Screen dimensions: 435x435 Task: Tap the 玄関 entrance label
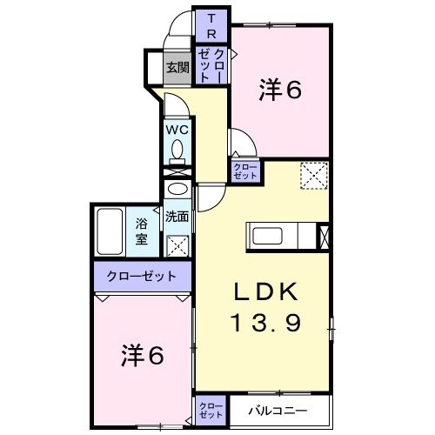tap(177, 67)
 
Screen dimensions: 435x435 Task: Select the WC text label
tap(178, 129)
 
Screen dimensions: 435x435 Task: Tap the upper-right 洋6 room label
tap(280, 90)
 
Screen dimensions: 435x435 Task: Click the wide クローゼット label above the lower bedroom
tap(142, 277)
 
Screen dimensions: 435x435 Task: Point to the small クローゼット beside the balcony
tap(210, 409)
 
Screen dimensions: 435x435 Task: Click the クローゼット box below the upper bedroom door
tap(244, 171)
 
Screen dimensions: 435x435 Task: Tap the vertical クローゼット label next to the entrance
tap(211, 65)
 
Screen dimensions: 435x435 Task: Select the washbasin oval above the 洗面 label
tap(177, 191)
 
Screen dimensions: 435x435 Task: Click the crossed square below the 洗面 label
tap(177, 244)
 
